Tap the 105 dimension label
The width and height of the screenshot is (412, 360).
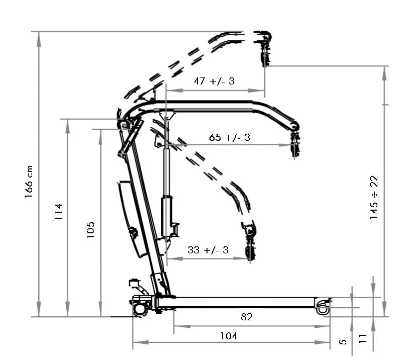[x=90, y=230]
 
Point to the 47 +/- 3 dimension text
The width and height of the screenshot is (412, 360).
[x=215, y=81]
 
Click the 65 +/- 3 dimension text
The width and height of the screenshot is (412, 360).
[x=230, y=137]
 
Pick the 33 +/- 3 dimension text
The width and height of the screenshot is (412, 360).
[x=208, y=250]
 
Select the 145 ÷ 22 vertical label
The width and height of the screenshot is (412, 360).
[x=374, y=198]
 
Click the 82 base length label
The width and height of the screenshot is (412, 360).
[x=247, y=317]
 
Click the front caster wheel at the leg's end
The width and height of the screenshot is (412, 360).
[x=322, y=307]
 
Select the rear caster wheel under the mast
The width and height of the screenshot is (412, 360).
[x=140, y=308]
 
